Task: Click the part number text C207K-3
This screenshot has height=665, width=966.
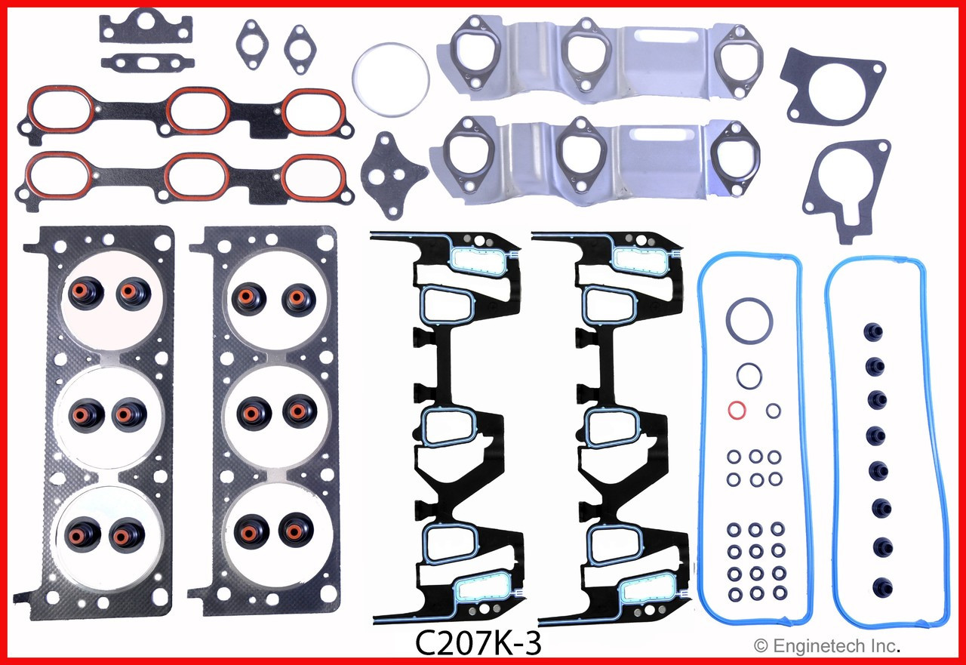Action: tap(478, 645)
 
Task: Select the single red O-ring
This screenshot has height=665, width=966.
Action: tap(737, 411)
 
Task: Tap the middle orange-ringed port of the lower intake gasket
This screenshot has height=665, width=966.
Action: tap(196, 176)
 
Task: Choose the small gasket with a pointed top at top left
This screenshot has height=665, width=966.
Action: tap(146, 26)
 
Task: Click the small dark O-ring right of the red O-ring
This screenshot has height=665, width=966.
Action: tap(774, 411)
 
